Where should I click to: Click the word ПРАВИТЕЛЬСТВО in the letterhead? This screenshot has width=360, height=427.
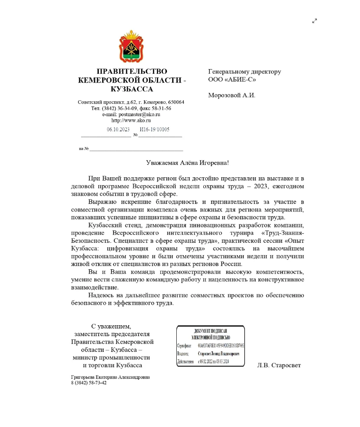(132, 71)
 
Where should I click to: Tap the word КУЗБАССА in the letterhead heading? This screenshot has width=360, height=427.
(132, 89)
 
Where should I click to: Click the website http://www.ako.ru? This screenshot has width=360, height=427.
(131, 120)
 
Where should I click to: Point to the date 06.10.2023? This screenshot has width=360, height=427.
(118, 130)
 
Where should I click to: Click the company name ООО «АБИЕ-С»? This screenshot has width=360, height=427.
(232, 79)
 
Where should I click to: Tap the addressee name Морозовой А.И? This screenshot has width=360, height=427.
(232, 96)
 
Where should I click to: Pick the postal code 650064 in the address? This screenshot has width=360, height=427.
(174, 102)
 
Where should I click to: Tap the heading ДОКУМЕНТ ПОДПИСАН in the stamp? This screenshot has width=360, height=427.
(210, 331)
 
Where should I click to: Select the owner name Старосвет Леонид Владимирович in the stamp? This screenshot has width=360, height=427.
(219, 354)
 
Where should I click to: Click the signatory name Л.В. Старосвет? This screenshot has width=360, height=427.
(279, 365)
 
